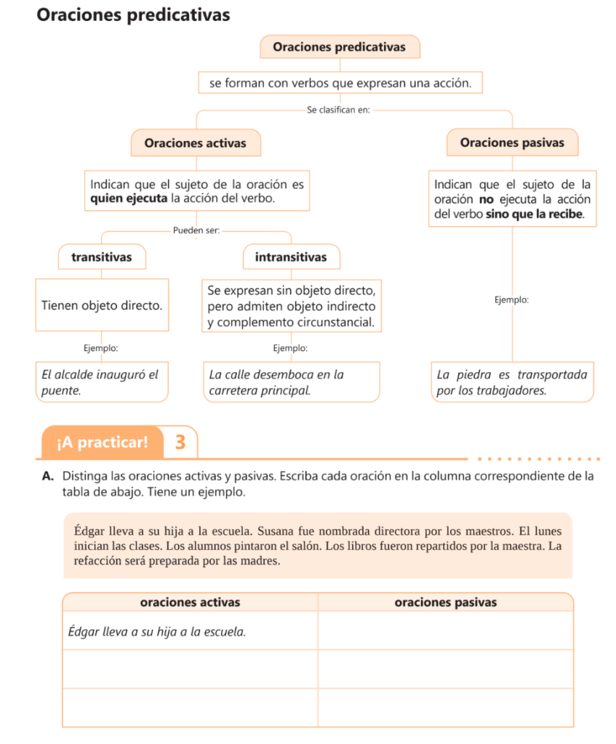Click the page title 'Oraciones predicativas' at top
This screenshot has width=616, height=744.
(x=133, y=15)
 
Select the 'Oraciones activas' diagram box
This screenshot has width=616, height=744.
(x=195, y=143)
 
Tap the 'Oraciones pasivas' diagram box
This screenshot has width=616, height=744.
(x=512, y=142)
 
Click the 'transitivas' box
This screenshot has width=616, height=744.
(x=102, y=256)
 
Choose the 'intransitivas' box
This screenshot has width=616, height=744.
(x=291, y=256)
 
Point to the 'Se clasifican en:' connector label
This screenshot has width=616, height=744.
(x=338, y=110)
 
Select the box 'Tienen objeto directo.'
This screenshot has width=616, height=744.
(x=102, y=305)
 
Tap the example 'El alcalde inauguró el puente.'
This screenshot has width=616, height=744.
(x=102, y=382)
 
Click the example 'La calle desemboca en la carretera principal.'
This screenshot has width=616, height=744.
(x=291, y=382)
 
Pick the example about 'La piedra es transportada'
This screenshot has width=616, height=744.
(x=512, y=382)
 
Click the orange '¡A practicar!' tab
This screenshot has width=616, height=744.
(x=102, y=442)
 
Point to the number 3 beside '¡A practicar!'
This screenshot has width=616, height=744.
(x=180, y=442)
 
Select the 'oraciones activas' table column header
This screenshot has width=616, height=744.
(x=190, y=602)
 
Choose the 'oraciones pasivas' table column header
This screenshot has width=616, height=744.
(x=445, y=602)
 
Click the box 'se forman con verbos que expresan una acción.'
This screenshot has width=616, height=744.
(x=340, y=84)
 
